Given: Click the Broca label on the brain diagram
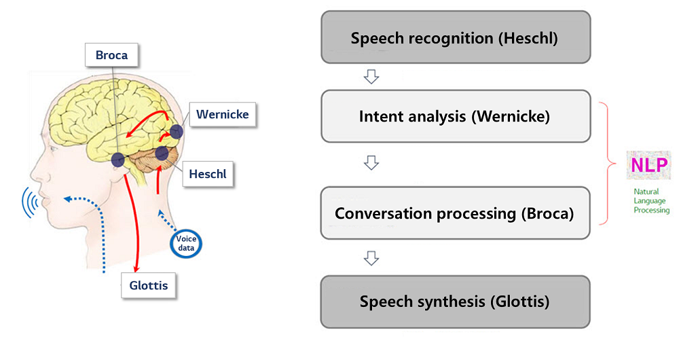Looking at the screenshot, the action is (111, 55).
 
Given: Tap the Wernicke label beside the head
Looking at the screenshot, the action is (223, 114).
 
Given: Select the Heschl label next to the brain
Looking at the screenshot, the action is (208, 174).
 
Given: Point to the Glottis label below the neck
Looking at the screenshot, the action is (149, 285).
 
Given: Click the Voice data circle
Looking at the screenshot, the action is (186, 243).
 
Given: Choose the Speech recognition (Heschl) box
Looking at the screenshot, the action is (456, 37).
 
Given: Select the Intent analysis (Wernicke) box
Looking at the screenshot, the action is (456, 116).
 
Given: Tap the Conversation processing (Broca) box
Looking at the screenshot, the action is (456, 213).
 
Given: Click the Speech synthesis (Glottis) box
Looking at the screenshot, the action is (456, 302).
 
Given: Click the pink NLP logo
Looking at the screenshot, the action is (648, 164).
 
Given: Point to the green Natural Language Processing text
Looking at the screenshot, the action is (652, 200).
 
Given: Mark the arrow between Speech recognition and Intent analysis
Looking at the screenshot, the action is (371, 77).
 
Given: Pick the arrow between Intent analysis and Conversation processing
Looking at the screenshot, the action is (371, 163).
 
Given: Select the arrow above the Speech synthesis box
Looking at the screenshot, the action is (371, 258).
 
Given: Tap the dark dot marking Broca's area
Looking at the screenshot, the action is (117, 160).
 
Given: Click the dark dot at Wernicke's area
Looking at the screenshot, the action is (177, 131).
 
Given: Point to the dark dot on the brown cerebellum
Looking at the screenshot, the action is (162, 153).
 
